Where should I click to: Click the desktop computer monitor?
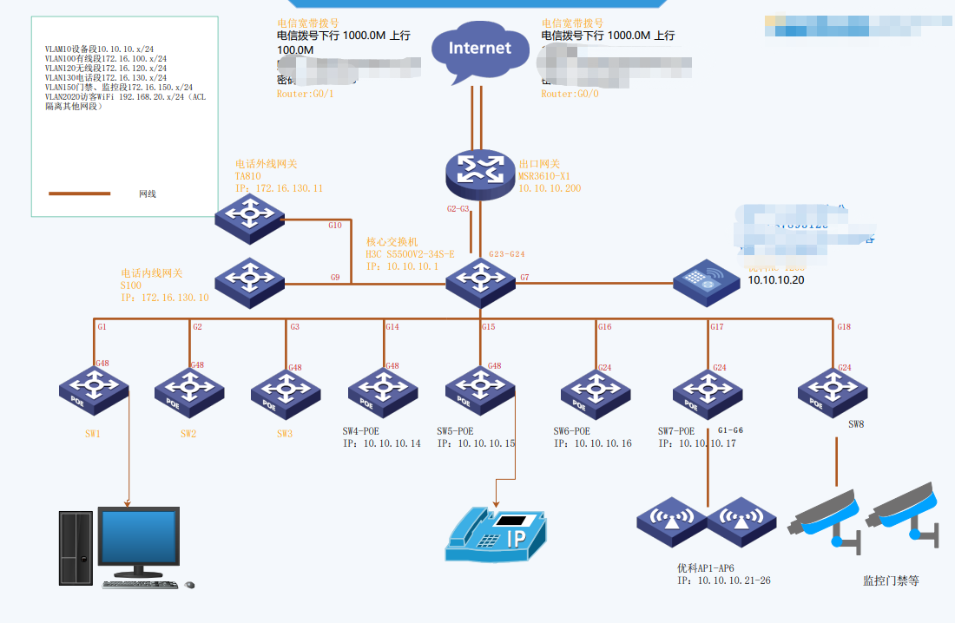139,540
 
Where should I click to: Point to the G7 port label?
524,278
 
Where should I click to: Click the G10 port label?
335,226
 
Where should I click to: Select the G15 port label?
489,327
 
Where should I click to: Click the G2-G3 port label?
458,209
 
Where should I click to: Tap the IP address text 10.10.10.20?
776,280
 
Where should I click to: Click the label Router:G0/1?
305,94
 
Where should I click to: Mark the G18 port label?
844,327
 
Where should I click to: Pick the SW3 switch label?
286,434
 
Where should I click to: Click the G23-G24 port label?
507,254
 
